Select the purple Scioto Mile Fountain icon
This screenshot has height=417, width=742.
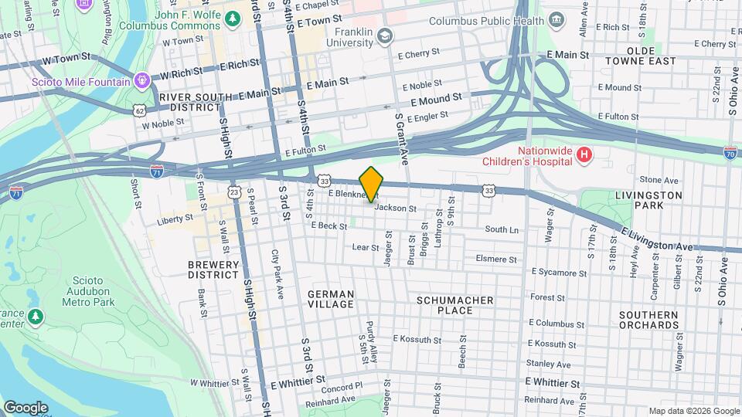[141, 80]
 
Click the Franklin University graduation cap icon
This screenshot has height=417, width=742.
[386, 36]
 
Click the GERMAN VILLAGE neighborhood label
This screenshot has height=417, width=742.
[331, 300]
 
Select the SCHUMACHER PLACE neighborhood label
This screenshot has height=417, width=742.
[454, 305]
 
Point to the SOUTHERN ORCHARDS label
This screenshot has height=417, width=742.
[648, 320]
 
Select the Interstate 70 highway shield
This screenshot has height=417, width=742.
[730, 153]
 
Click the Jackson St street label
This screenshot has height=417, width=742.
[396, 208]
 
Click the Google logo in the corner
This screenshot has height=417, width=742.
[26, 407]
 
